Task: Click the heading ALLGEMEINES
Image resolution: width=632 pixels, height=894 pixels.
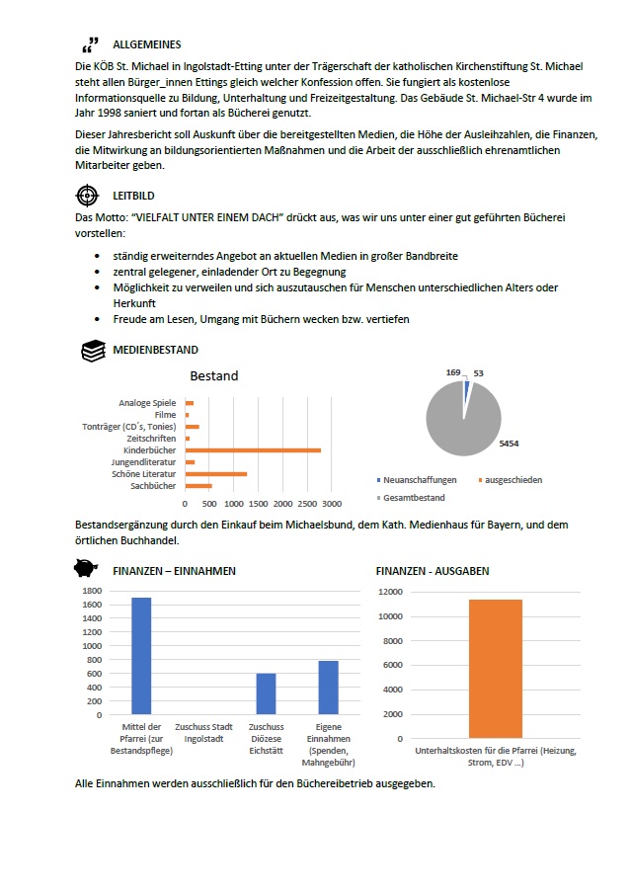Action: (147, 44)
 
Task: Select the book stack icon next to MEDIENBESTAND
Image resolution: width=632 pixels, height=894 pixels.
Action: (92, 350)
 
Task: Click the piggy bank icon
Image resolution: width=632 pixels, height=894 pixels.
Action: (87, 570)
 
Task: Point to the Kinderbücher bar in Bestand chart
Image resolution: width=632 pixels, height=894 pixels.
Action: (253, 450)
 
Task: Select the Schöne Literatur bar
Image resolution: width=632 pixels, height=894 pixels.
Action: (216, 474)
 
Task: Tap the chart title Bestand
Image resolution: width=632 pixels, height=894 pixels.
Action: (213, 376)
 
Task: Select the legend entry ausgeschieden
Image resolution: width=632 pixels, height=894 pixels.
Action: (510, 480)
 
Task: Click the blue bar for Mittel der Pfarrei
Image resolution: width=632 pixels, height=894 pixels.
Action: (141, 656)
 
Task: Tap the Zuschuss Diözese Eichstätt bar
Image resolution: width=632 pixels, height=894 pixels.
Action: (266, 693)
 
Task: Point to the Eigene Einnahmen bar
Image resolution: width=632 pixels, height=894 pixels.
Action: (328, 688)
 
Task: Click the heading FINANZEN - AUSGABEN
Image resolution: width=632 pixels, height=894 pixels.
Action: (433, 571)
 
